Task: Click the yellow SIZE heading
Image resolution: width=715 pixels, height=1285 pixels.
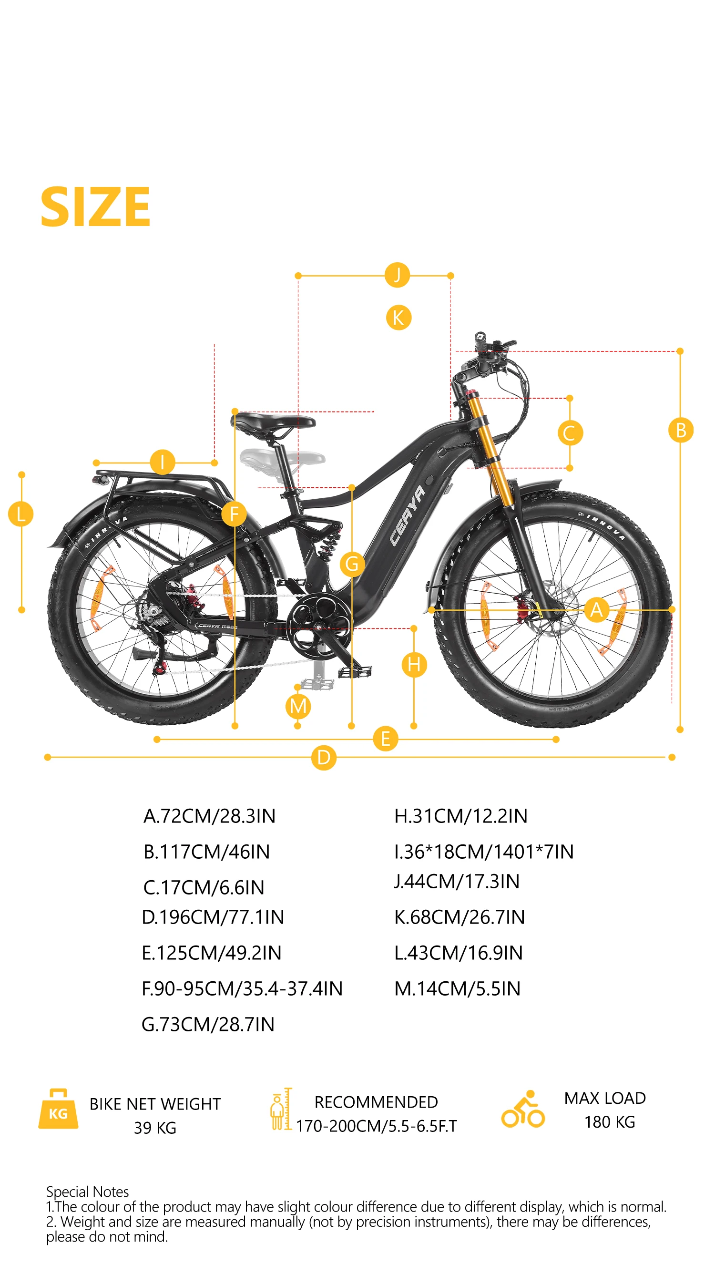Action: [95, 206]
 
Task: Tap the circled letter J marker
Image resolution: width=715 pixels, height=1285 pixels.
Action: [397, 275]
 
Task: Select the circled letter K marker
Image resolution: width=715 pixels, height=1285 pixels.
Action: [398, 317]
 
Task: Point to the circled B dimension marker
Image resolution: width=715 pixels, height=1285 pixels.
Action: [680, 430]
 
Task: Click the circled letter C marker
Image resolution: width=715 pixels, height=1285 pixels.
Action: [570, 433]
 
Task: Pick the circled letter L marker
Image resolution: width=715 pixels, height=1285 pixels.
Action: [21, 514]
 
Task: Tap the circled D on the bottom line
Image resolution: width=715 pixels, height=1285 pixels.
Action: [324, 757]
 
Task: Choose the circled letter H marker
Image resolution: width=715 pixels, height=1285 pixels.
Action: [414, 665]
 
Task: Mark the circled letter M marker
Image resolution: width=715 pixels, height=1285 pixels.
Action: [298, 706]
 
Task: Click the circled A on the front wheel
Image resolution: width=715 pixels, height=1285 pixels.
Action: [596, 609]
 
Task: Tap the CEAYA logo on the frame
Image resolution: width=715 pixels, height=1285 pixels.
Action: [408, 516]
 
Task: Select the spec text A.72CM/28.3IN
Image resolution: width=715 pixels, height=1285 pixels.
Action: [209, 816]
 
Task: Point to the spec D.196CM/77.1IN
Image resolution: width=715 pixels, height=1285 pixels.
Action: [213, 917]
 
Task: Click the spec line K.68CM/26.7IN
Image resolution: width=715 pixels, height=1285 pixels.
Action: [459, 917]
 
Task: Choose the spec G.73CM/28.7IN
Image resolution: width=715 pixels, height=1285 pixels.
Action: [208, 1024]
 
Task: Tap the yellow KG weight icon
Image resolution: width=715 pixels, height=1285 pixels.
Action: [58, 1109]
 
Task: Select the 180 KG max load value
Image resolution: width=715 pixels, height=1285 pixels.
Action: [609, 1122]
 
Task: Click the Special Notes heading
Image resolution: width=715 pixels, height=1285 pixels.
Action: [87, 1192]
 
